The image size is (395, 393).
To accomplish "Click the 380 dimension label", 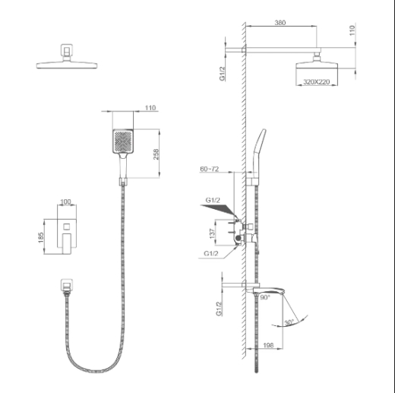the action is (280, 23).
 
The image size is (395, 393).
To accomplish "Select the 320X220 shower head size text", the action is (317, 82).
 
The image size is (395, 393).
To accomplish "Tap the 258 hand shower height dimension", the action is (156, 154).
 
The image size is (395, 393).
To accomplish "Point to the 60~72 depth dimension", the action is (210, 169).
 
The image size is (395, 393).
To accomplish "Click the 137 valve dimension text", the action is (212, 233).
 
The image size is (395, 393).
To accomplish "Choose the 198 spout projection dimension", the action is (268, 345).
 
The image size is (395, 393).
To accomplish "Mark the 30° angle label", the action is (289, 322).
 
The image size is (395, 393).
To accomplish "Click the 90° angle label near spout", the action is (265, 297).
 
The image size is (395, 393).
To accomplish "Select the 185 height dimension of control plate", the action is (41, 237).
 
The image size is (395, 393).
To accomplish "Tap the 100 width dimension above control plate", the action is (65, 201).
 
